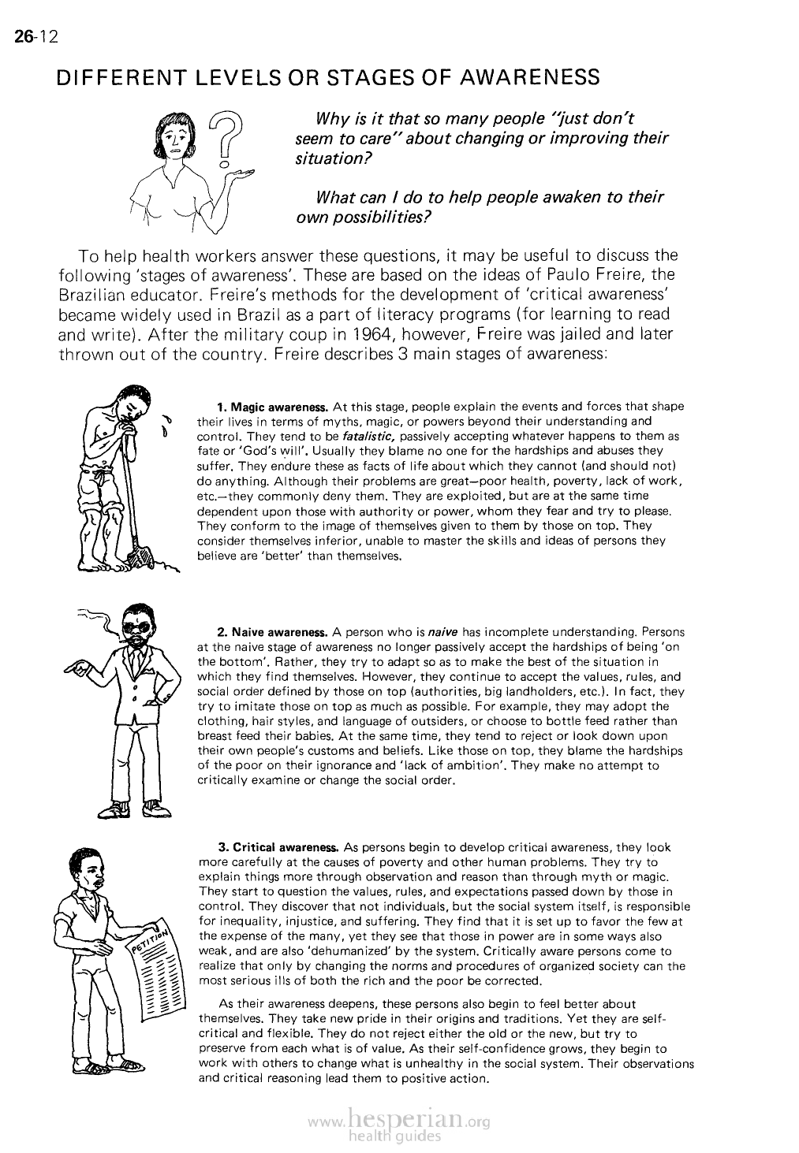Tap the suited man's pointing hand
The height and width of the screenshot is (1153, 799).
coord(80,668)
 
